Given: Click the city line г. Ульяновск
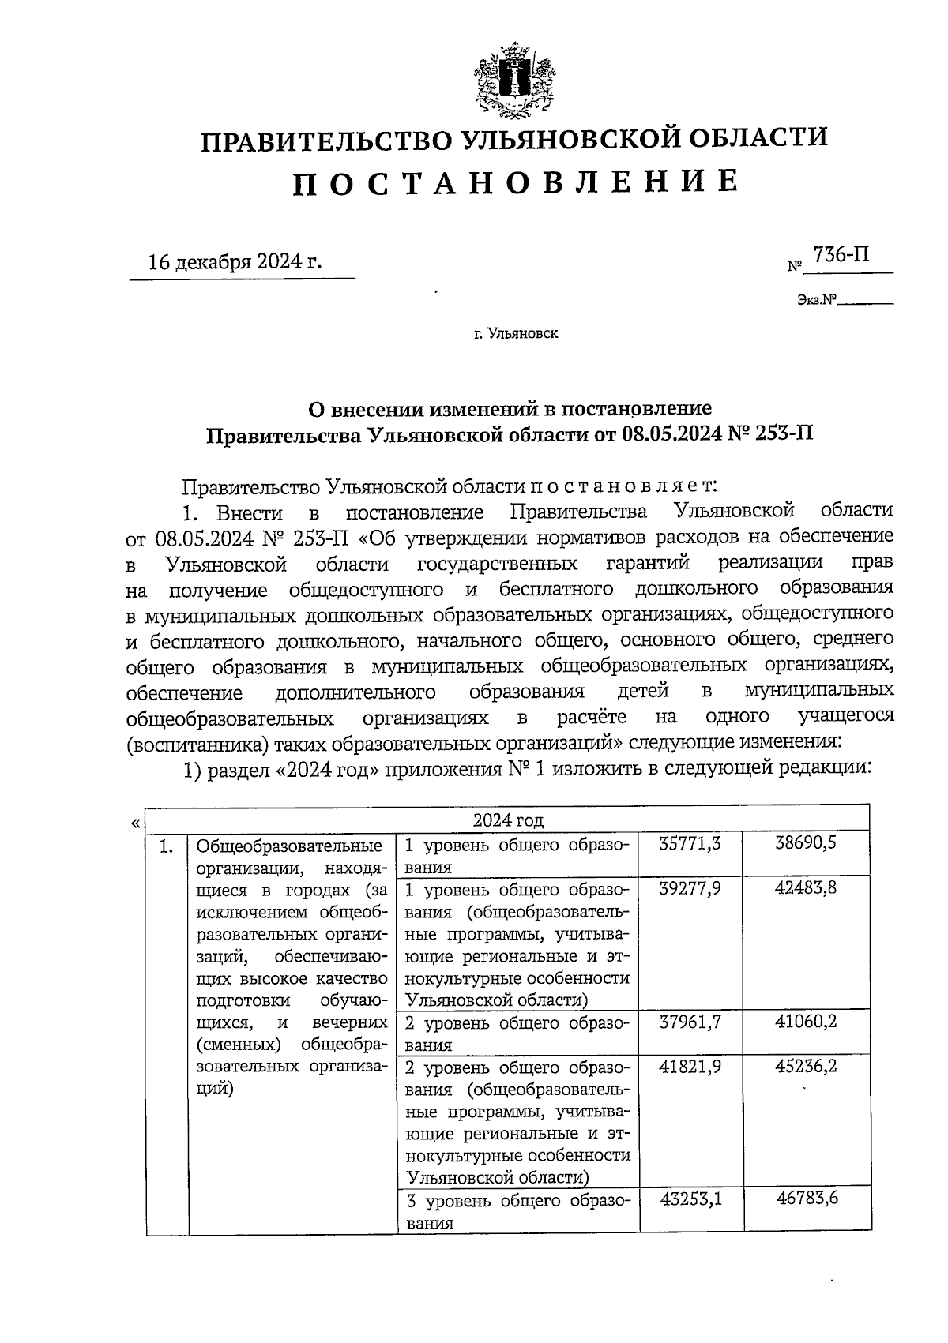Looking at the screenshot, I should [x=516, y=334].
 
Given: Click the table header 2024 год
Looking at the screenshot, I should [x=508, y=820].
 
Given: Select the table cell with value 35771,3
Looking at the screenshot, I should [x=690, y=844].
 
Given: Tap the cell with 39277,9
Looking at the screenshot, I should [x=690, y=888].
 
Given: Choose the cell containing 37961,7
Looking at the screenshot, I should [x=690, y=1022].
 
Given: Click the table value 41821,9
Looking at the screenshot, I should [x=690, y=1067].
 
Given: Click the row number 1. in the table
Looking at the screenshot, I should [x=167, y=847].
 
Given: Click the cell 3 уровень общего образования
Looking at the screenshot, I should [x=517, y=1212].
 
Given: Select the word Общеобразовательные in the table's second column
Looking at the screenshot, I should [x=289, y=846].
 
